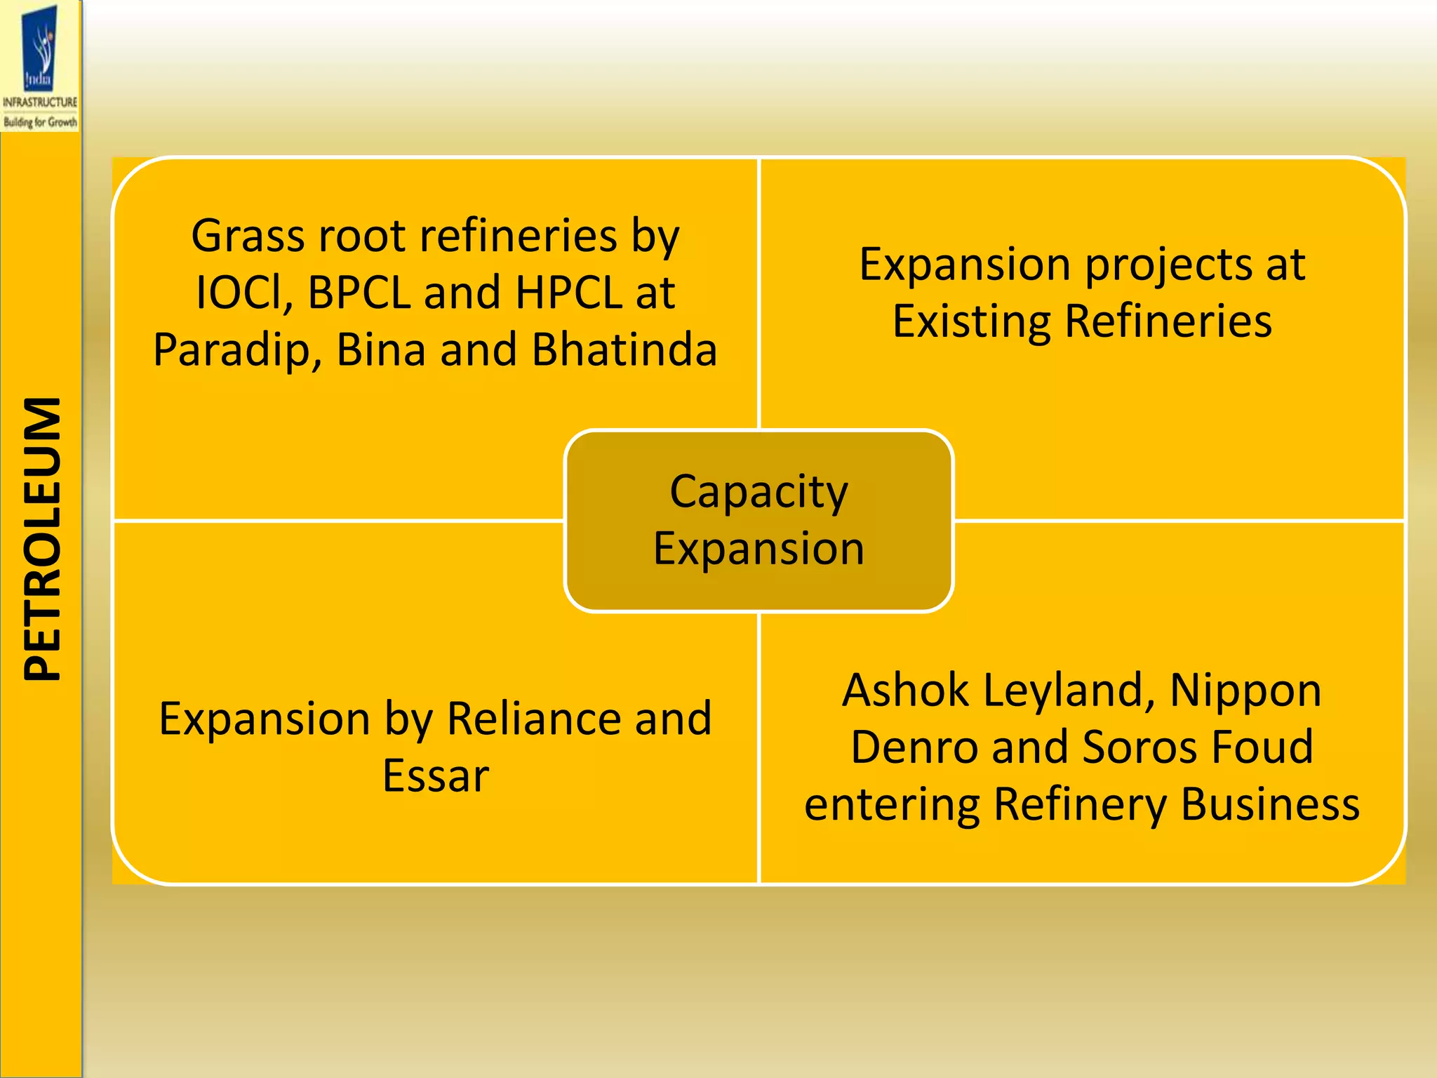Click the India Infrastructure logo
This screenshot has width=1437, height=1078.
pos(40,67)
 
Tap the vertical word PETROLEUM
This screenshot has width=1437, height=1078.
pos(42,539)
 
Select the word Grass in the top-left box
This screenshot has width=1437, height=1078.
pos(248,236)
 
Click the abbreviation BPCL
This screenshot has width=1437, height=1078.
pos(359,293)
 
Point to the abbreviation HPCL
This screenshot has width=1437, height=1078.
pos(568,293)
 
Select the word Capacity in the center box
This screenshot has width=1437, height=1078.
pos(759,493)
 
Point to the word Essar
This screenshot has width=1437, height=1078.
pos(436,776)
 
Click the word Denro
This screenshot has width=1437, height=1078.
pos(914,747)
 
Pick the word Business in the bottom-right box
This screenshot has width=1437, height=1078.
pos(1270,804)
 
